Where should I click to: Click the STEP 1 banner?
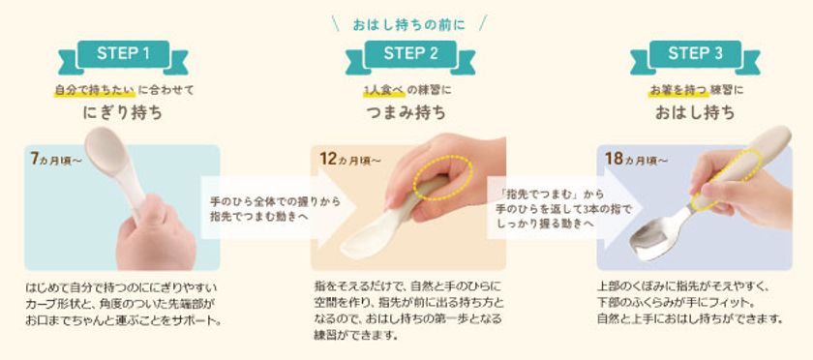coord(123,54)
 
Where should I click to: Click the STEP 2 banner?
coord(410,54)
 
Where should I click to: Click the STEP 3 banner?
coord(695,54)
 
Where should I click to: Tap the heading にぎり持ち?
coord(123,112)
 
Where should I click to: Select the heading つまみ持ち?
coord(406,112)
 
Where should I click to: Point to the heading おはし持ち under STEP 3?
coord(695,112)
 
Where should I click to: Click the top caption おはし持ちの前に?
coord(409,24)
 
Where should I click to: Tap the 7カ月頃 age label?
coord(55,159)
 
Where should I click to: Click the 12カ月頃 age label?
coord(350,159)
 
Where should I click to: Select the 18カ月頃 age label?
coord(635,159)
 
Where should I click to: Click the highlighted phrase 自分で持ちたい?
coord(95,90)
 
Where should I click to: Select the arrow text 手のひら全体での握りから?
coord(275,201)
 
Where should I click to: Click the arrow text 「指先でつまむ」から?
coord(550,194)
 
